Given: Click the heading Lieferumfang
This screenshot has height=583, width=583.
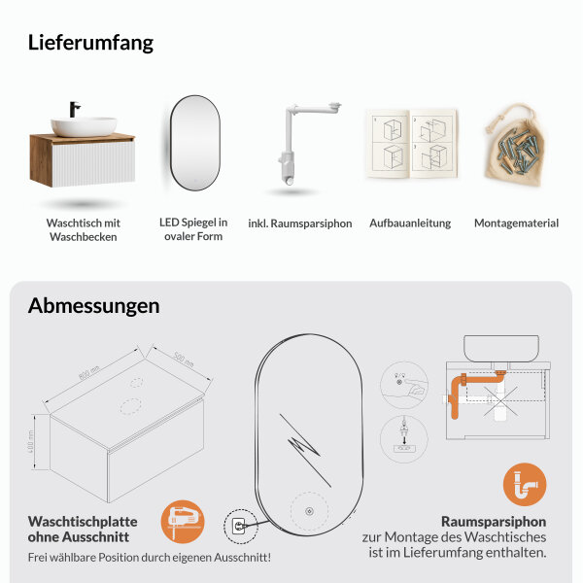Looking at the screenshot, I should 90,43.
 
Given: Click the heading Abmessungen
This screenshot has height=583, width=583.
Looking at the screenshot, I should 93,306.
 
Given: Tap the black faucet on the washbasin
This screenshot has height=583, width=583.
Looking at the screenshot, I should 74,109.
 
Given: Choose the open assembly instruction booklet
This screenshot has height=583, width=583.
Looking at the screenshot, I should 409,146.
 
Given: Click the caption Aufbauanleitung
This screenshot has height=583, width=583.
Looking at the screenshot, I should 410,223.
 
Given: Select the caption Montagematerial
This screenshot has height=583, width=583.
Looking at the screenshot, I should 516,223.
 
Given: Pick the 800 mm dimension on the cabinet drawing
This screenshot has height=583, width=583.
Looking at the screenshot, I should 88,370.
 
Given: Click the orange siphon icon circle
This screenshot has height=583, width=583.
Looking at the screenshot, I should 524,484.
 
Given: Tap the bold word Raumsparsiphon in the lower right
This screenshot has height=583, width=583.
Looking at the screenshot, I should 494,520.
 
